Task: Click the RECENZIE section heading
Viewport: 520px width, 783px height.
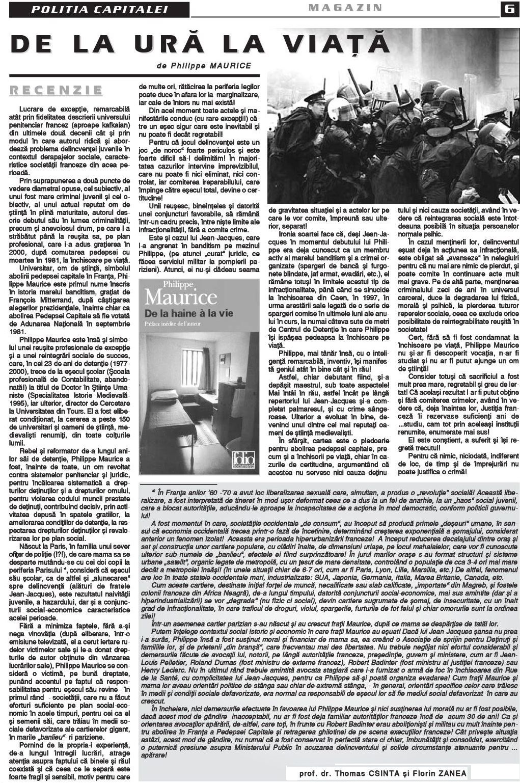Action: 57,90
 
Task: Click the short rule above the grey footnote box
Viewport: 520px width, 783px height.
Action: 180,484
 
